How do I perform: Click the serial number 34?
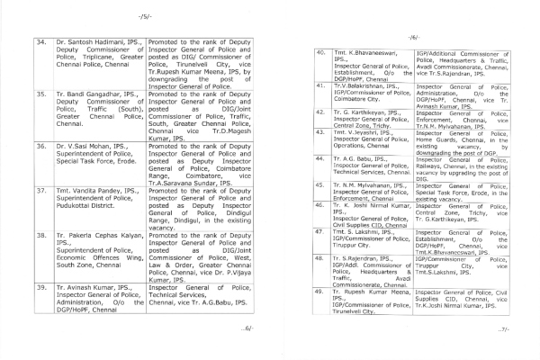[x=37, y=41]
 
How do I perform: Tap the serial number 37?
[x=37, y=192]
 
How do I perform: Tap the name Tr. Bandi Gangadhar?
[x=88, y=93]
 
